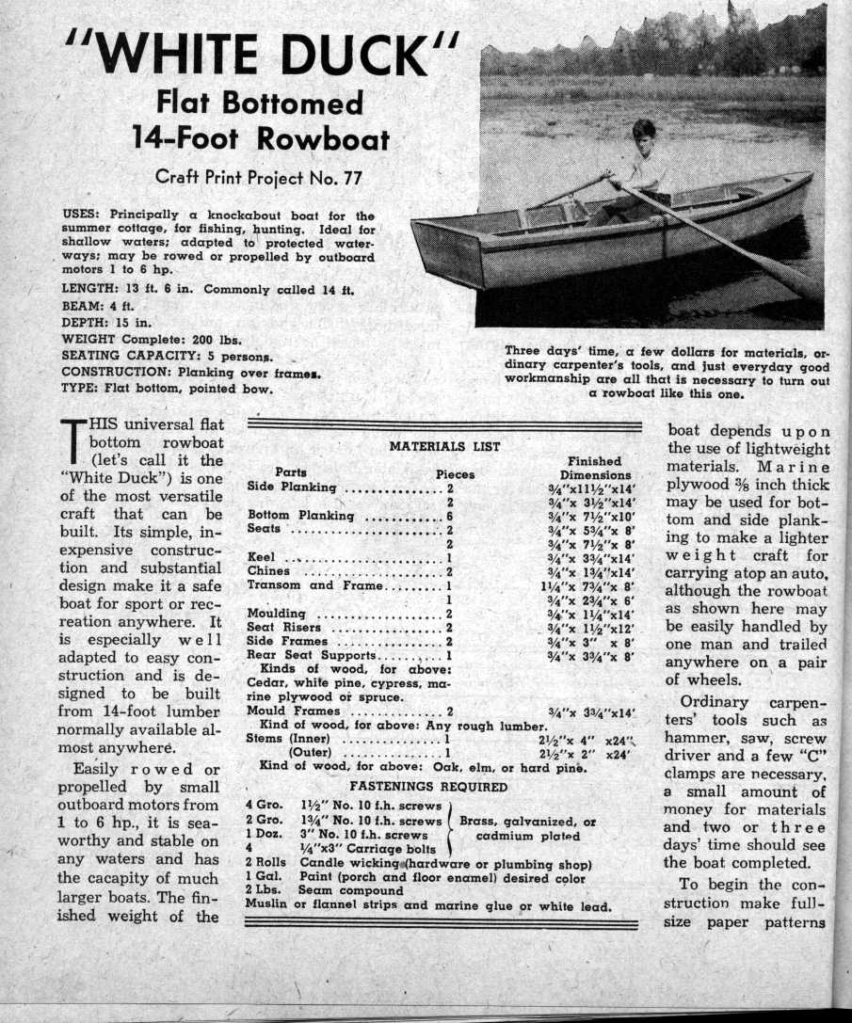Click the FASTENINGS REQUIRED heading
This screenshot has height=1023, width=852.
[428, 786]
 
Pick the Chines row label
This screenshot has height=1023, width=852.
[268, 570]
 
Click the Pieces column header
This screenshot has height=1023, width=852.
[455, 474]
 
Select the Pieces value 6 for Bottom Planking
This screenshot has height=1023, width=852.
[450, 515]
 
